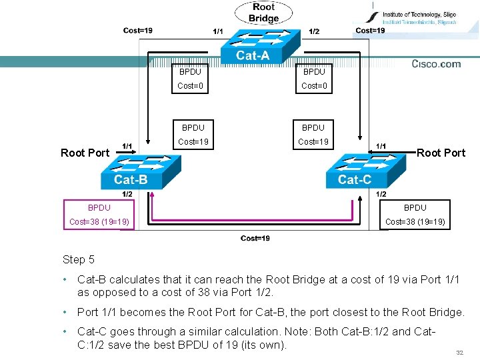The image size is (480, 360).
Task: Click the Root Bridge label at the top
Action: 263,13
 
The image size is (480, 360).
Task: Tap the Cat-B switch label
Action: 131,179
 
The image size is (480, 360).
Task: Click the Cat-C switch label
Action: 355,179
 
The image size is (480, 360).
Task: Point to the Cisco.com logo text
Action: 436,64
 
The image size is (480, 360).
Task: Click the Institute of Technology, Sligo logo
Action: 413,18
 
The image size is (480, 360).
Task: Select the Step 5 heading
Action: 79,260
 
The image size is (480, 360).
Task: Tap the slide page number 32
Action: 459,351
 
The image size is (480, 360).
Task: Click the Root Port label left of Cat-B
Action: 85,153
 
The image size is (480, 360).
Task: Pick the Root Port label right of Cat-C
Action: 441,153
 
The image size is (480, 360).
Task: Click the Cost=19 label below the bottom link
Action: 255,238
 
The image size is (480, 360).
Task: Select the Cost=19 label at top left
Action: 137,30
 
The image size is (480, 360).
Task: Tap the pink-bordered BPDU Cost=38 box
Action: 99,215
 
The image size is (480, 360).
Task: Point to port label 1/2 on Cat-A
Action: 314,31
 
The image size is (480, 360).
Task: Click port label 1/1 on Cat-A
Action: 218,31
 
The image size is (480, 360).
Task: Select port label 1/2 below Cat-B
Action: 127,194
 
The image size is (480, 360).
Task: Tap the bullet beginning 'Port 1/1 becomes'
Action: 270,312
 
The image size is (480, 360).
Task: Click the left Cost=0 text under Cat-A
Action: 190,85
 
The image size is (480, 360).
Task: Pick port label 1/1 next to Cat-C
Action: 381,146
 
